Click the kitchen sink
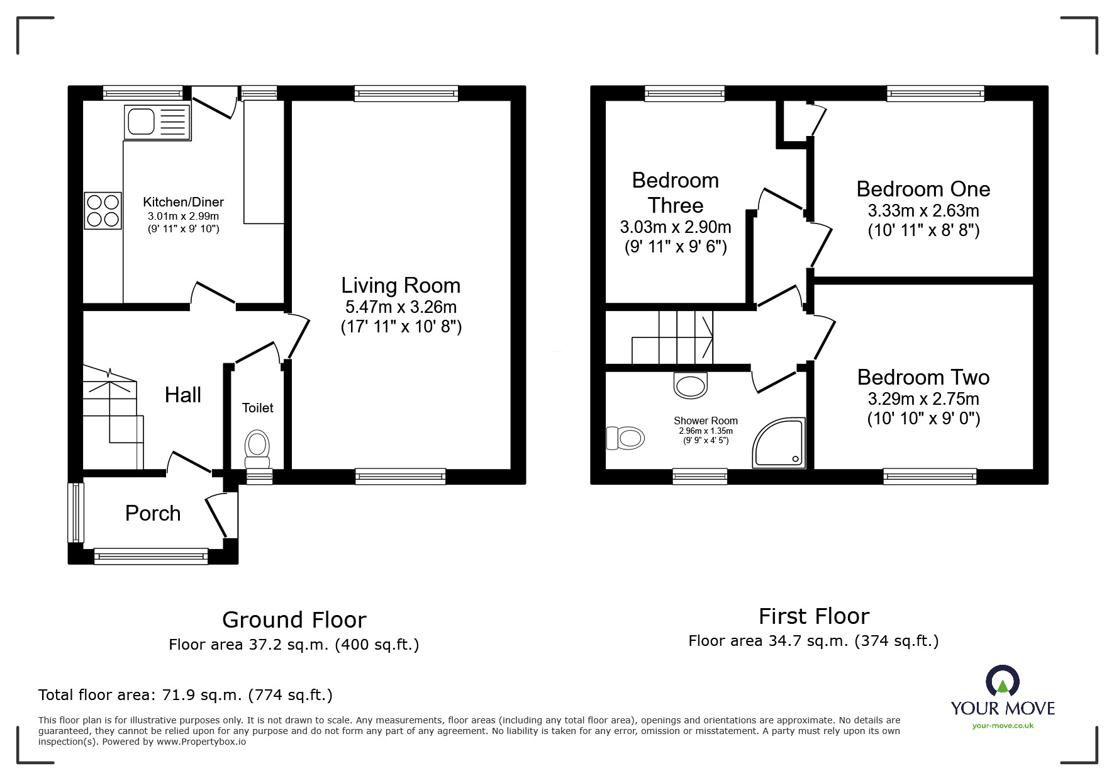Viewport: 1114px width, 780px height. pos(158,122)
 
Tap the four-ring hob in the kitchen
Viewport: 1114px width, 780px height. pos(103,210)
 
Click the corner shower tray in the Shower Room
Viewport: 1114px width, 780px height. pos(779,444)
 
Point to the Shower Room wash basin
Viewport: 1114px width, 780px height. pos(691,385)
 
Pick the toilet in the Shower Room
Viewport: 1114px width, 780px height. pos(625,438)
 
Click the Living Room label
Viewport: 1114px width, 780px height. pos(401,285)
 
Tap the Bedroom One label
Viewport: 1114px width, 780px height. pos(923,189)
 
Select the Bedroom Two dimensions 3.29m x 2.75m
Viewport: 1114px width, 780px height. pos(923,398)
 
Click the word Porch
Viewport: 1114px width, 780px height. pos(153,513)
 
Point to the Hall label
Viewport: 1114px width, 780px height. pos(183,395)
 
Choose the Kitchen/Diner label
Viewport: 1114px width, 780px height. pos(184,202)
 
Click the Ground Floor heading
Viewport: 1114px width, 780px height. pos(294,620)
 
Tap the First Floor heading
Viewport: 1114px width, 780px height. pos(814,616)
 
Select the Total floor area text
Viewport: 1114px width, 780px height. pos(186,695)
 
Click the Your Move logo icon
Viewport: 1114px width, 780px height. pos(1003,681)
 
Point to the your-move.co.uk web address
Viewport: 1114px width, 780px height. pos(1003,726)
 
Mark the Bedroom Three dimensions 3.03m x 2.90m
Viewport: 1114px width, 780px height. pos(676,227)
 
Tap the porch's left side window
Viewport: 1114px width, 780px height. pos(75,512)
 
